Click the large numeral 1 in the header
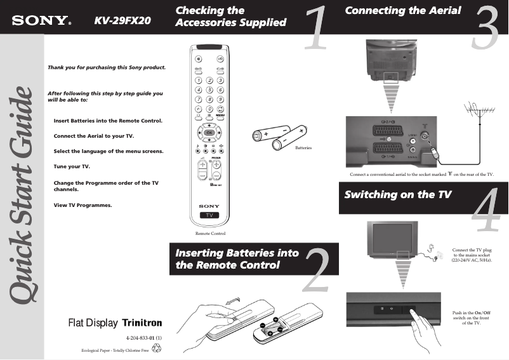316,29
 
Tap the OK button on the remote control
209,132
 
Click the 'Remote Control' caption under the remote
210,234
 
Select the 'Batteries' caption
303,147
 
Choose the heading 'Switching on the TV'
397,194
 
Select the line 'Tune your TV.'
72,166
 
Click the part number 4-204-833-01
144,338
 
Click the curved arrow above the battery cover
234,298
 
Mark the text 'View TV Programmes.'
83,205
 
